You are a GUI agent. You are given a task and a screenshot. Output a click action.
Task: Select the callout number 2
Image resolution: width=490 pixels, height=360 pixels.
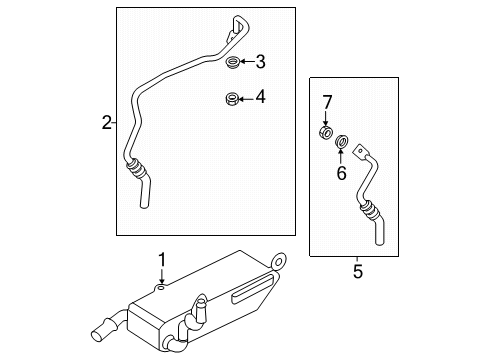[107, 123]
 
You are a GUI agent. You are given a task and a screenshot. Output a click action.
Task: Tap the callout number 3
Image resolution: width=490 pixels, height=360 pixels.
[260, 63]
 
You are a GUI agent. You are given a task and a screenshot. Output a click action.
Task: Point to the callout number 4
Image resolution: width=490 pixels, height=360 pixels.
[260, 98]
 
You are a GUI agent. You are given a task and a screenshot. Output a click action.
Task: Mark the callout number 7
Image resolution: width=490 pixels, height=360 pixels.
[324, 103]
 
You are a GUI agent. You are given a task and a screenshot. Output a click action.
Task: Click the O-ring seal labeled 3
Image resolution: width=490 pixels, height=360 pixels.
[232, 64]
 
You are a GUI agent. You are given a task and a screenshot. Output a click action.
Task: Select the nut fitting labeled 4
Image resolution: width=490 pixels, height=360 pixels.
[231, 98]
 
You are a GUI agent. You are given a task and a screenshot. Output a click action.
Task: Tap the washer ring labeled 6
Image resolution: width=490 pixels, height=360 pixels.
[341, 141]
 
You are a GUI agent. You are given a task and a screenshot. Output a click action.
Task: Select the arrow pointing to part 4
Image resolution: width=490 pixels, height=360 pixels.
[246, 98]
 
